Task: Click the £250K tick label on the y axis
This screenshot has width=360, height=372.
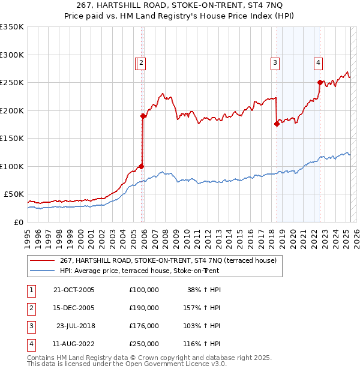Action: [12, 82]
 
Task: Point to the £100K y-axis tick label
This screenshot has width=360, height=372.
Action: [12, 166]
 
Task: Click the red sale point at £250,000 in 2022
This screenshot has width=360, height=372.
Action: [319, 82]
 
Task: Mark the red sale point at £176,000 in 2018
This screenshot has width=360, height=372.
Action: [277, 124]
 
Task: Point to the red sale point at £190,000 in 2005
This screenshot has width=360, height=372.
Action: [143, 116]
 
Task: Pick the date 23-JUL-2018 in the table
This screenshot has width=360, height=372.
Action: [76, 327]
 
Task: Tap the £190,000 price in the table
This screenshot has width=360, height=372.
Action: [144, 308]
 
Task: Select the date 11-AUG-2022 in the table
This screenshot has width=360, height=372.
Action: [74, 345]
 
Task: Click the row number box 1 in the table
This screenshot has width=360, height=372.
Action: [31, 290]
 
